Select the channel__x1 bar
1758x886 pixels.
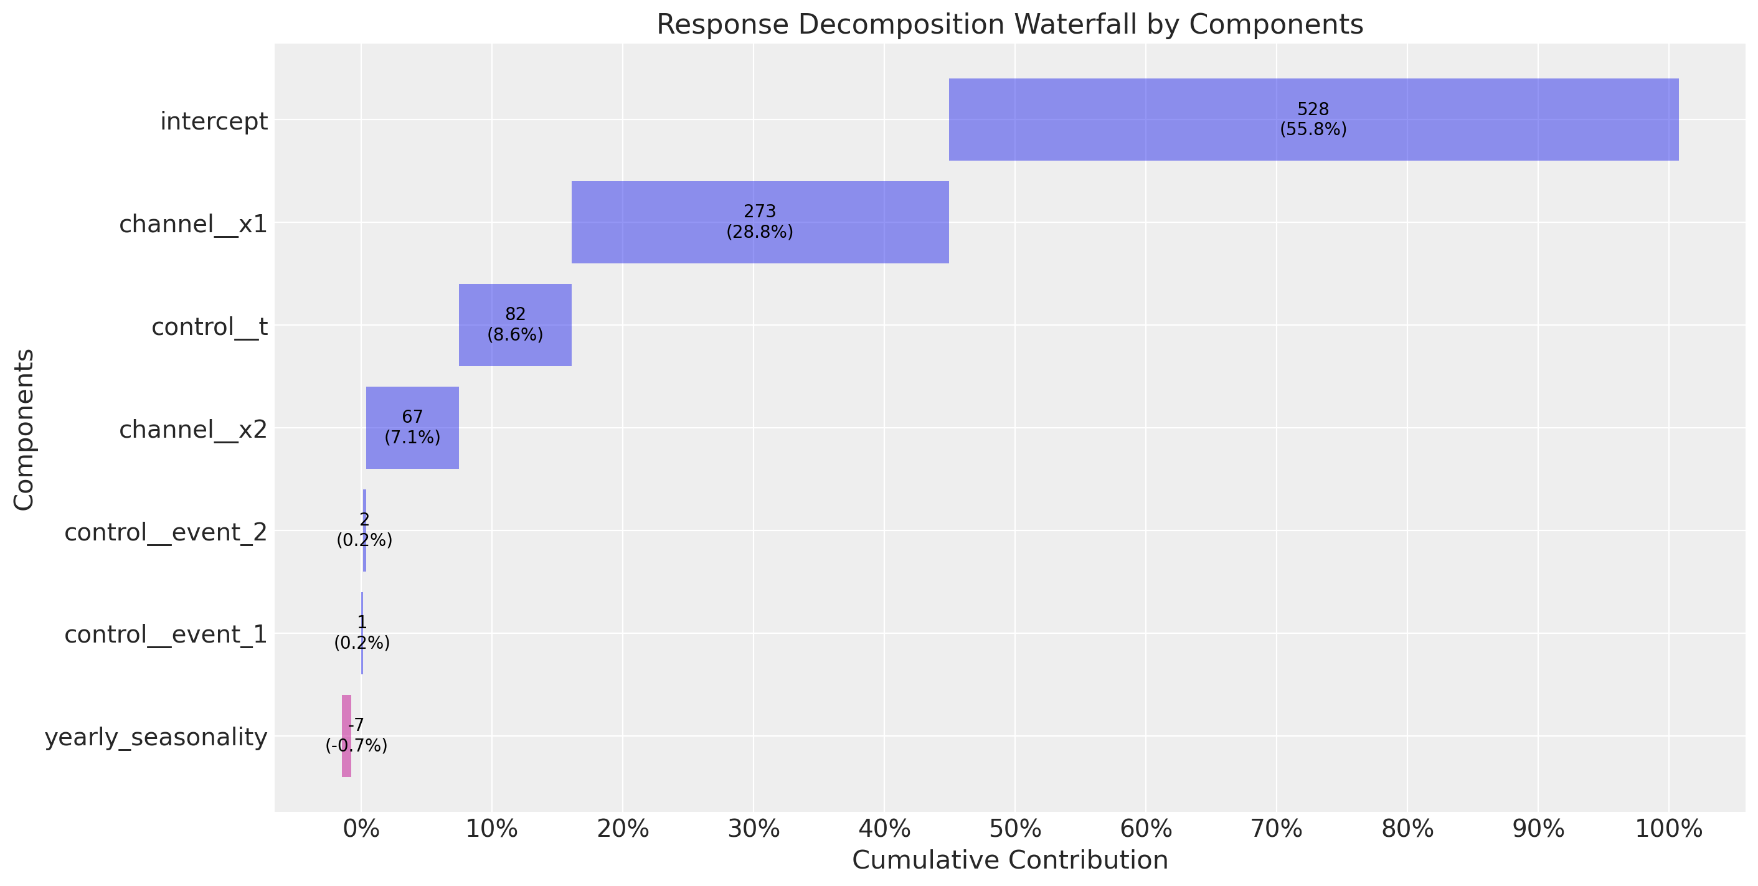(x=760, y=222)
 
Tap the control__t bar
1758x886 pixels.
(x=515, y=325)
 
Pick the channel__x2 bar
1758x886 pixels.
(x=412, y=428)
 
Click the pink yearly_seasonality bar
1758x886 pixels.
(x=347, y=736)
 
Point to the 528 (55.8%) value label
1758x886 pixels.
(x=1313, y=120)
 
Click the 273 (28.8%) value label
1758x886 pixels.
(x=760, y=222)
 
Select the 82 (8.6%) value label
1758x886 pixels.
(x=515, y=325)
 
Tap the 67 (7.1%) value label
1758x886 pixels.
(x=412, y=427)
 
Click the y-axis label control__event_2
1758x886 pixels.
(x=166, y=532)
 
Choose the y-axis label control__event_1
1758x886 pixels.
(x=166, y=634)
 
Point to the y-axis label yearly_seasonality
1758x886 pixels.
(x=156, y=737)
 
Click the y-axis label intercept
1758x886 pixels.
(x=214, y=121)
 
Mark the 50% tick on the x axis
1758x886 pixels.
(x=1015, y=812)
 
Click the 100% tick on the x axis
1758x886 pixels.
(x=1668, y=812)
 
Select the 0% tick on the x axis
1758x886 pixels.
(x=361, y=812)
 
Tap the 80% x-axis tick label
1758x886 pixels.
(x=1407, y=829)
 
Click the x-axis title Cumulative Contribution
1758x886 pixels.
(x=1010, y=860)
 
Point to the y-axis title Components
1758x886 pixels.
(x=24, y=430)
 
